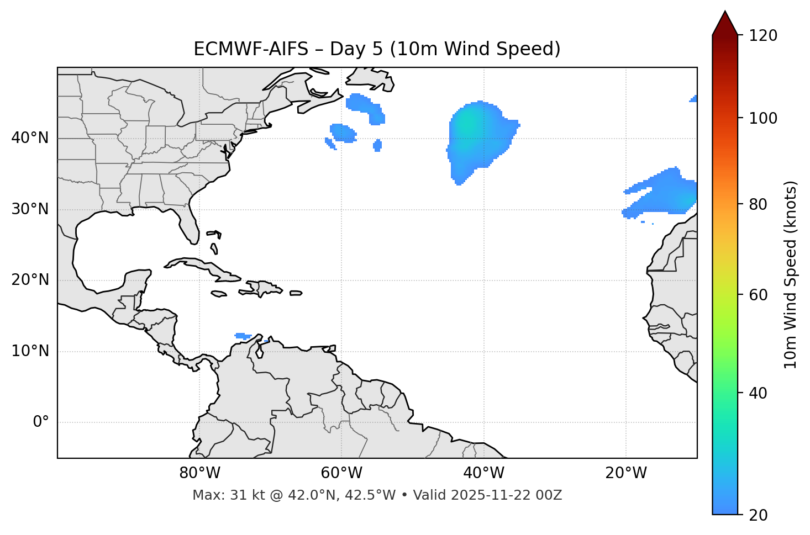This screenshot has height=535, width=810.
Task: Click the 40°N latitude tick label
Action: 30,138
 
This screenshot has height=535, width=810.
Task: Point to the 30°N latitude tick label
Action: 30,209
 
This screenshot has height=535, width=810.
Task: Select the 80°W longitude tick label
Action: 199,473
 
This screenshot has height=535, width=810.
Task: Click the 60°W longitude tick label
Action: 341,473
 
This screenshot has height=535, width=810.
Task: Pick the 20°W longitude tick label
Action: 625,473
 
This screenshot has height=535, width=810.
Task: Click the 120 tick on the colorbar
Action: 763,36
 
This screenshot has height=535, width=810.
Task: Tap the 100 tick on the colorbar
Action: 763,118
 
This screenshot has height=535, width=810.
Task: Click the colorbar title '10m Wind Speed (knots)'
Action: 791,275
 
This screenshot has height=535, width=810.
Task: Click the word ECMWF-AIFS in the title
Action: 250,49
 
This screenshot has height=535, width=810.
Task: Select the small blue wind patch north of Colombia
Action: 243,336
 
